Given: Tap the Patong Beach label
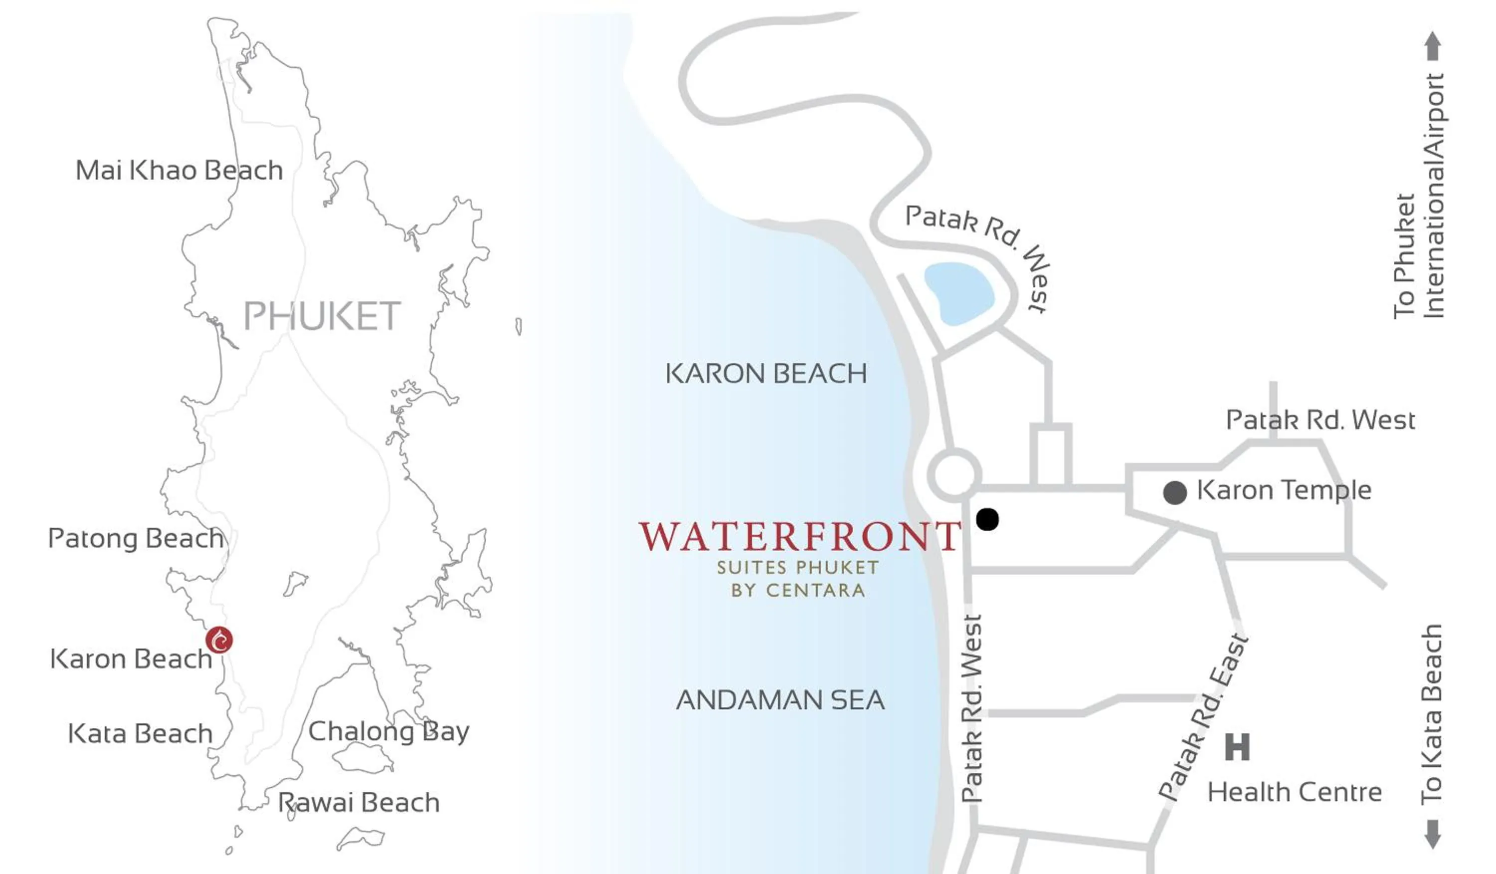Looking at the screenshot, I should (x=136, y=539).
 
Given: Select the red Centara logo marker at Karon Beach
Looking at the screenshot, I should (x=219, y=640).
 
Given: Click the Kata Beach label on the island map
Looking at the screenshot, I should (x=140, y=734).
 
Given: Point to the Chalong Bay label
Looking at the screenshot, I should (x=389, y=731).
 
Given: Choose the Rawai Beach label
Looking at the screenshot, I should (x=359, y=803).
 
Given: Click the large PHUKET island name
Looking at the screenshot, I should (x=322, y=316).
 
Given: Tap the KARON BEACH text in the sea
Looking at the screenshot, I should (x=766, y=374).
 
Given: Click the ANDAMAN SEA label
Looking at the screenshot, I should (x=780, y=700).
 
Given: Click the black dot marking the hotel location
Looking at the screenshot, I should (x=987, y=519).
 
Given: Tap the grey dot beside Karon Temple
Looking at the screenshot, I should (x=1175, y=493).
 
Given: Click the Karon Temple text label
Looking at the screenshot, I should (x=1284, y=490).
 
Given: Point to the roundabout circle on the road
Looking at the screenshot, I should (x=954, y=475).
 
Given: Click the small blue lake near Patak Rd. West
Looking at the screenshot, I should (x=959, y=293).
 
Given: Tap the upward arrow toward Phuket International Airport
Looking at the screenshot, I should (x=1433, y=46).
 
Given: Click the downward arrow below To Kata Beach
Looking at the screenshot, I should (x=1433, y=834).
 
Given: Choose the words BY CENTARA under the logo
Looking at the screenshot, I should (x=798, y=591).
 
